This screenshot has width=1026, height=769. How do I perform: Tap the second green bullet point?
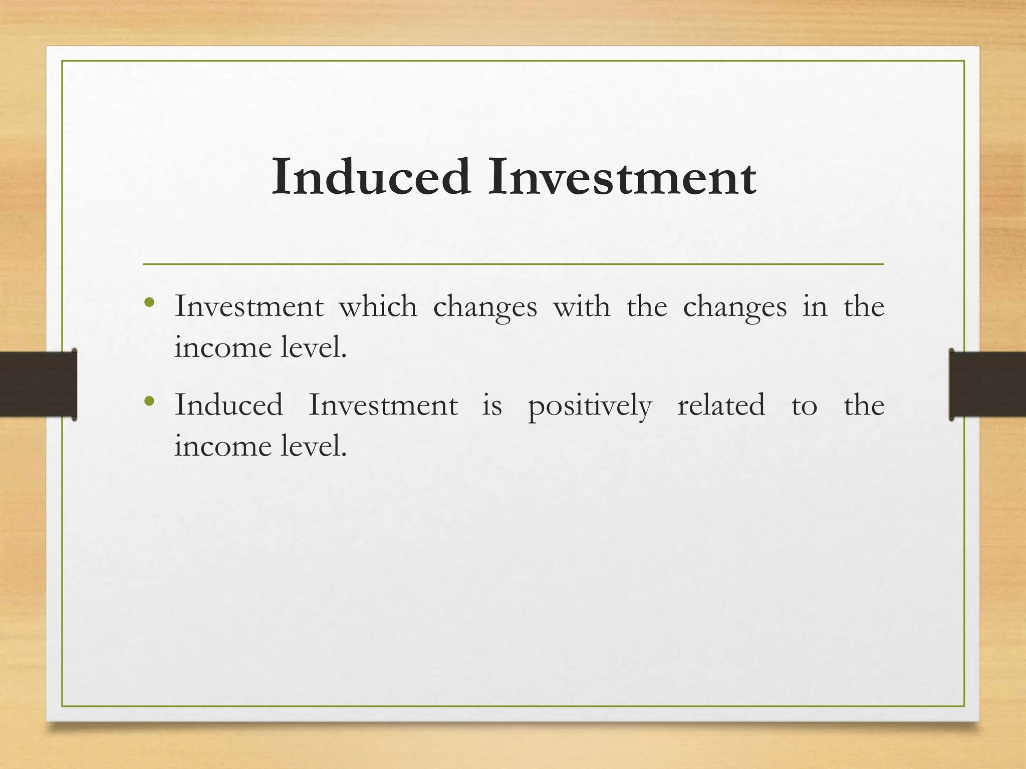tap(149, 401)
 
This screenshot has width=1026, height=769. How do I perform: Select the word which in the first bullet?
tap(378, 306)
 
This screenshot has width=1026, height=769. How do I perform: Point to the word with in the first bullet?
tap(582, 306)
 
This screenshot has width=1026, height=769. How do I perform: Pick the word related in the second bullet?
tap(721, 405)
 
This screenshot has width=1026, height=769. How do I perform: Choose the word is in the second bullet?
tap(492, 405)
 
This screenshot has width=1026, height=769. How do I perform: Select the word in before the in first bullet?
tap(815, 306)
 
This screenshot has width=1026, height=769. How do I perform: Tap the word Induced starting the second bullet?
tap(229, 405)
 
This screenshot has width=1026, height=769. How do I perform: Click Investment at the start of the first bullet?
tap(249, 306)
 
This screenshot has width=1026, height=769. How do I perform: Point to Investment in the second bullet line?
tap(383, 405)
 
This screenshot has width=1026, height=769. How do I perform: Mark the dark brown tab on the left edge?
tap(38, 384)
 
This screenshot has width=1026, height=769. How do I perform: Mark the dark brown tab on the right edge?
tap(987, 384)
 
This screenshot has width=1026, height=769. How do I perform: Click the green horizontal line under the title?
tap(513, 264)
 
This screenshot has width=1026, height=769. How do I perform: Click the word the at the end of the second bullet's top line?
tap(864, 405)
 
